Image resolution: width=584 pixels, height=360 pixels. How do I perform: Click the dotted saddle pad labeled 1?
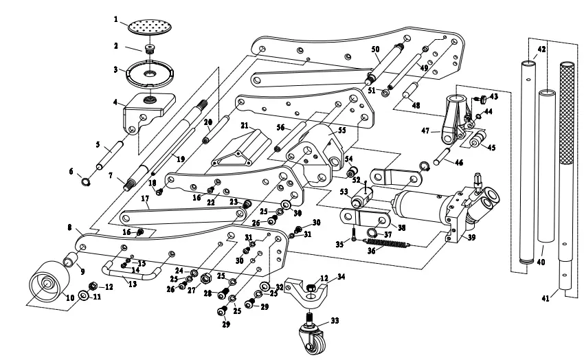coord(150,26)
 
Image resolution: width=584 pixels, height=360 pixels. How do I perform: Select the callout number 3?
coord(116,69)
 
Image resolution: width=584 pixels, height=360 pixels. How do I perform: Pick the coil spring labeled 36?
coord(388,244)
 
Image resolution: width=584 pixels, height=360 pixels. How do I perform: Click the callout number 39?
coord(471,237)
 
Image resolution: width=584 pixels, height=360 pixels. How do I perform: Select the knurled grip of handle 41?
coord(568,113)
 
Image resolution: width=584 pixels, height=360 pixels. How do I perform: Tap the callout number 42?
coord(541,49)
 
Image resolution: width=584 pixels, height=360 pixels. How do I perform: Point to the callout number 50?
coord(375,49)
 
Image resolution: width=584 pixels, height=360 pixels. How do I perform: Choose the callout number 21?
coord(245,126)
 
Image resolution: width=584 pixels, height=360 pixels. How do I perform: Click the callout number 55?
coord(342,130)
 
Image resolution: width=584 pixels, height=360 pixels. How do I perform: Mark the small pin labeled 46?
coord(442,156)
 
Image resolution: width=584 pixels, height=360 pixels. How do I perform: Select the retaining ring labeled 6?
coord(86,181)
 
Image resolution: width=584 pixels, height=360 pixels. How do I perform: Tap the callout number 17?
coord(145,199)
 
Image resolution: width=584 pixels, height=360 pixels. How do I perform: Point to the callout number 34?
coord(341,276)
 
